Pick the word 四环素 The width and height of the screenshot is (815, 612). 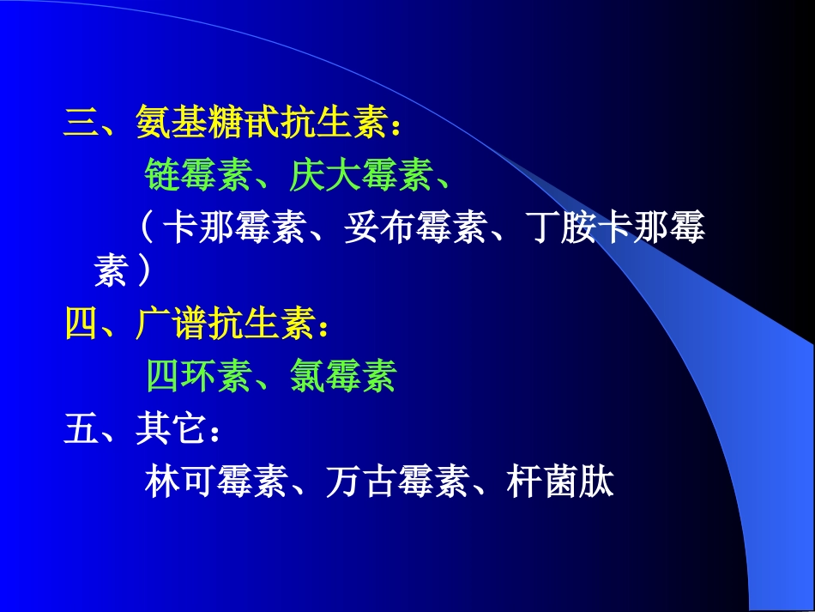pos(197,376)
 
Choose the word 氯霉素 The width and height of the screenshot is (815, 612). pos(342,376)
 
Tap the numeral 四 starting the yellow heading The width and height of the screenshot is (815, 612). pos(81,325)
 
